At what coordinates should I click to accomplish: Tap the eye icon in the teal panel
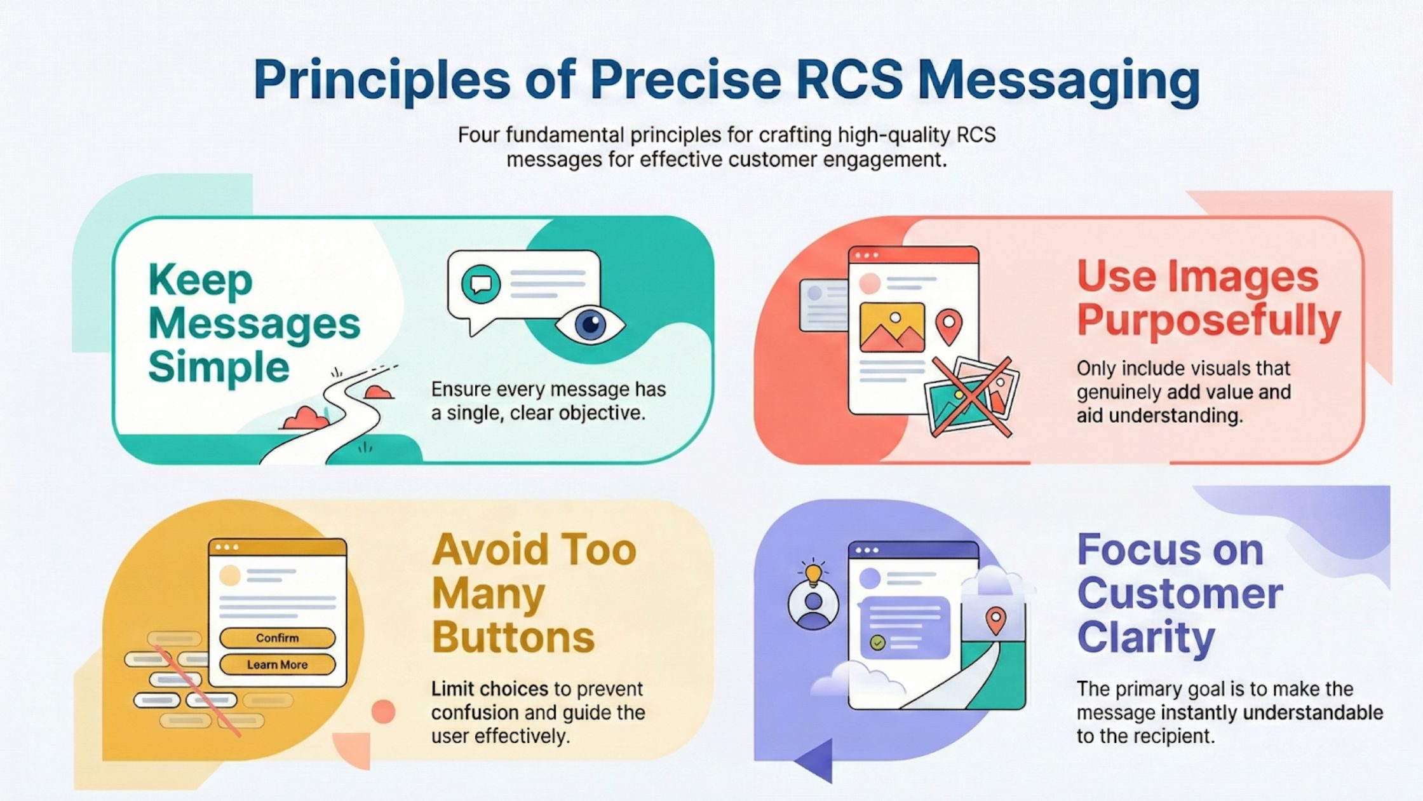[x=590, y=324]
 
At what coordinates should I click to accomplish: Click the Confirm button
[x=277, y=638]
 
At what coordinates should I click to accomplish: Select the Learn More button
[x=277, y=664]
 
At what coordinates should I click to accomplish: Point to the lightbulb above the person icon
[x=813, y=573]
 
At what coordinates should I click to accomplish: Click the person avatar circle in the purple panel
[x=813, y=605]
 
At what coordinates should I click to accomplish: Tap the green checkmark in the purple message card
[x=877, y=643]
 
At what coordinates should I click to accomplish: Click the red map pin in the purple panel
[x=995, y=619]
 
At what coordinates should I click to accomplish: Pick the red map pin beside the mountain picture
[x=948, y=325]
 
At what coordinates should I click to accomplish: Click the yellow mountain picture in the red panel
[x=892, y=327]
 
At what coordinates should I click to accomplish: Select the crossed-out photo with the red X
[x=971, y=397]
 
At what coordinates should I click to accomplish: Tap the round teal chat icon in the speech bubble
[x=480, y=284]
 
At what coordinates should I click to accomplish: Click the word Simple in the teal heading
[x=219, y=367]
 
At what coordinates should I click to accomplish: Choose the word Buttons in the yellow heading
[x=513, y=637]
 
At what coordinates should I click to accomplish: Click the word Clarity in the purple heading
[x=1146, y=637]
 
